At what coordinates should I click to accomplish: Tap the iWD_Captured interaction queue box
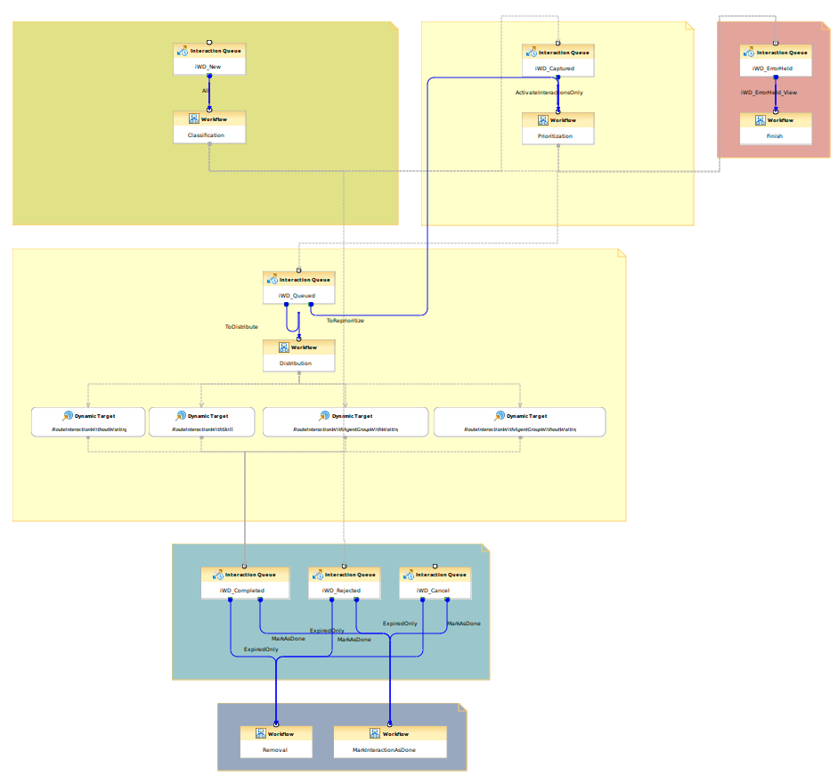pyautogui.click(x=557, y=60)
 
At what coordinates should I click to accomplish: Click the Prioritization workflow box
pyautogui.click(x=557, y=128)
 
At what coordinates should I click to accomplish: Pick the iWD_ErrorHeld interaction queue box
pyautogui.click(x=776, y=60)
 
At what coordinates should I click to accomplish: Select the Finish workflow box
pyautogui.click(x=776, y=128)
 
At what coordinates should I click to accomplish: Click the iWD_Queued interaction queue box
pyautogui.click(x=298, y=287)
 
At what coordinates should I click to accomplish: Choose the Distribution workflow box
pyautogui.click(x=298, y=355)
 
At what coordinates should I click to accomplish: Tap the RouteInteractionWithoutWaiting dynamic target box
pyautogui.click(x=87, y=422)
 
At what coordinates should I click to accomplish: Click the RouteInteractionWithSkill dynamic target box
pyautogui.click(x=201, y=422)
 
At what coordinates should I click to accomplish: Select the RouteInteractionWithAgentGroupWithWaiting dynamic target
pyautogui.click(x=346, y=422)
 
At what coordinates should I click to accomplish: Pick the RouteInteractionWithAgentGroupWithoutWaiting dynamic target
pyautogui.click(x=520, y=422)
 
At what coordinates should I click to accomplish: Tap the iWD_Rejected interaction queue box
pyautogui.click(x=344, y=582)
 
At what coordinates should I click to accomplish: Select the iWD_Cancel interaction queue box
pyautogui.click(x=435, y=582)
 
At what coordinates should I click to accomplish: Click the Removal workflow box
pyautogui.click(x=276, y=741)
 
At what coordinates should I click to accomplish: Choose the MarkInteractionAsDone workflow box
pyautogui.click(x=390, y=741)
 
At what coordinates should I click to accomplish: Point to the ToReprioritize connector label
pyautogui.click(x=345, y=320)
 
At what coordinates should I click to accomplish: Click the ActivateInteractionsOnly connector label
pyautogui.click(x=549, y=92)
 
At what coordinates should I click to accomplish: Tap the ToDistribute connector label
pyautogui.click(x=241, y=327)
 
